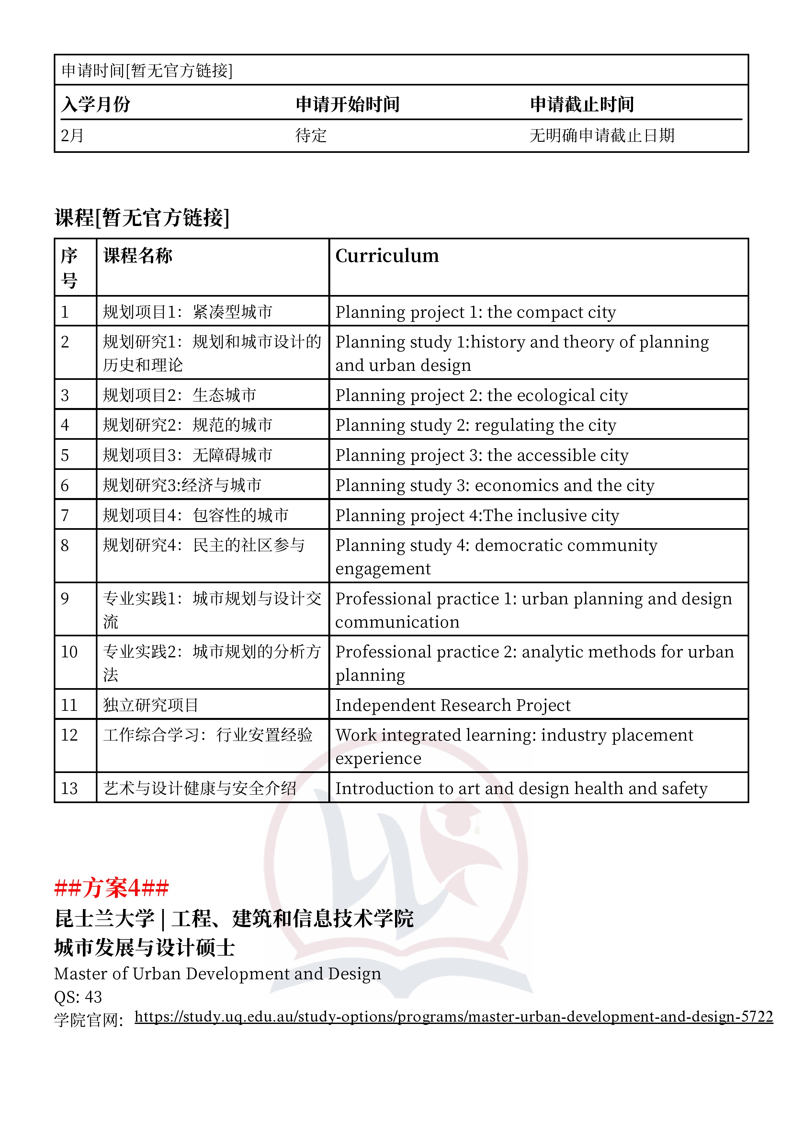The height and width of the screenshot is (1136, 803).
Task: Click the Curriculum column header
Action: (387, 256)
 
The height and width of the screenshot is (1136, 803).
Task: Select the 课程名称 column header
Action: (138, 256)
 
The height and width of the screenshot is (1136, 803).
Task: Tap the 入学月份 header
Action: (96, 104)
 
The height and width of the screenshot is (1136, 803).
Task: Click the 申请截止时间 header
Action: (582, 104)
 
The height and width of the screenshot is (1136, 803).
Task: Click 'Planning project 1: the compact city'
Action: (475, 312)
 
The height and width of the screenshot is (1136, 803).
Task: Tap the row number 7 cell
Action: (65, 516)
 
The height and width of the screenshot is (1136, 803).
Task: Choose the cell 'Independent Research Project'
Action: (453, 705)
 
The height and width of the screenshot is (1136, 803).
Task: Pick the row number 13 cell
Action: (69, 788)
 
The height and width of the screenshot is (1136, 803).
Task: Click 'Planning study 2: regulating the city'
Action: (475, 425)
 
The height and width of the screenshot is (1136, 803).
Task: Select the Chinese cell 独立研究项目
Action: (151, 705)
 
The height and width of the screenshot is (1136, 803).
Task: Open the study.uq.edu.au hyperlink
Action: (453, 1016)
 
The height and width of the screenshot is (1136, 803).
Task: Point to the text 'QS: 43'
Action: (78, 996)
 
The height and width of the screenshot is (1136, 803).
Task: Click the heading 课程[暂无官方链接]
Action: (142, 218)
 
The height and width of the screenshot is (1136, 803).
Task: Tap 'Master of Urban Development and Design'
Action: (218, 974)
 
